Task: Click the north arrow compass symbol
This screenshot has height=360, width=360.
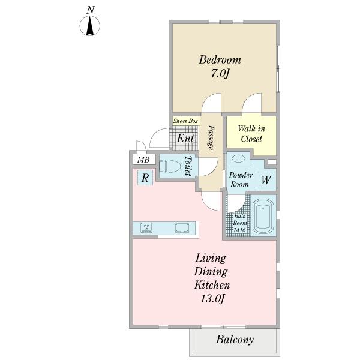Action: (x=90, y=26)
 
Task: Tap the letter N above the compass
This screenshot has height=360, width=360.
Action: (x=91, y=10)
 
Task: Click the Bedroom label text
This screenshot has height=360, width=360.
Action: (x=220, y=59)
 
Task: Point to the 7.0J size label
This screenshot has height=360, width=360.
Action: (x=220, y=73)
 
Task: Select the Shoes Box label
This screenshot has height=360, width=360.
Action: (x=185, y=121)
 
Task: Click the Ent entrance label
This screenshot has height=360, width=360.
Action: (x=185, y=138)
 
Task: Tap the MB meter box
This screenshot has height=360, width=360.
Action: (x=143, y=160)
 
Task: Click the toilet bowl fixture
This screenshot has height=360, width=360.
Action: (x=170, y=166)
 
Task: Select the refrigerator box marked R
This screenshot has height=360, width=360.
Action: (x=145, y=178)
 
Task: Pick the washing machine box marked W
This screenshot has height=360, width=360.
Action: (x=266, y=180)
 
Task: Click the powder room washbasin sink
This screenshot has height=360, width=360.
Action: (x=238, y=158)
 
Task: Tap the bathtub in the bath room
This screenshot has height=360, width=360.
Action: (x=263, y=216)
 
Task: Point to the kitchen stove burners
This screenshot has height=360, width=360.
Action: (x=146, y=228)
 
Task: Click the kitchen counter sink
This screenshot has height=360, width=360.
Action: (x=182, y=228)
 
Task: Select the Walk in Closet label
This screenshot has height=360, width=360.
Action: (x=251, y=134)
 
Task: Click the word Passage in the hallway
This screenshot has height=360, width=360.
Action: (x=211, y=137)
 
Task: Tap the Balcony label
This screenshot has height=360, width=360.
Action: (x=235, y=340)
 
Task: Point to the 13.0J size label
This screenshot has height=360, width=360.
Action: (x=212, y=299)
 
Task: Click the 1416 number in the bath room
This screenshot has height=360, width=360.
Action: (x=239, y=230)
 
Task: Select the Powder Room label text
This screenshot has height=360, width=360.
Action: (x=241, y=179)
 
